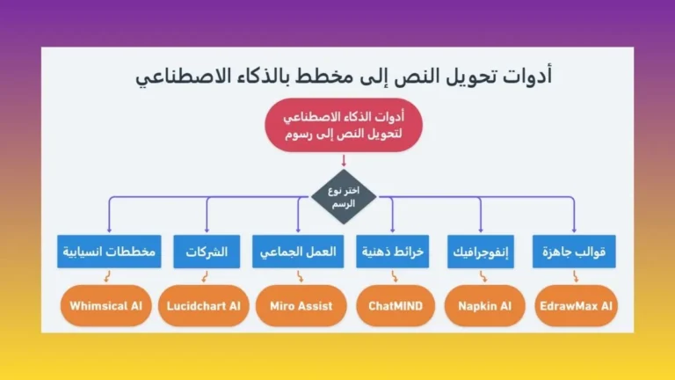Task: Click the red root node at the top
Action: tap(343, 127)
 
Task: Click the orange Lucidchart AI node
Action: tap(203, 307)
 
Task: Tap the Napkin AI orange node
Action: tap(484, 307)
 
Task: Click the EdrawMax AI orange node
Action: tap(577, 307)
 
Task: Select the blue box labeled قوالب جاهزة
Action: tap(575, 252)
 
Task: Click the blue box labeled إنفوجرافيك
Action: tap(483, 252)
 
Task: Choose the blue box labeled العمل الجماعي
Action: tap(298, 252)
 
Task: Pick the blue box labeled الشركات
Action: tap(207, 252)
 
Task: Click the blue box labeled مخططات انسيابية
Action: tap(110, 252)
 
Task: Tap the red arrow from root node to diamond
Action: tap(343, 160)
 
